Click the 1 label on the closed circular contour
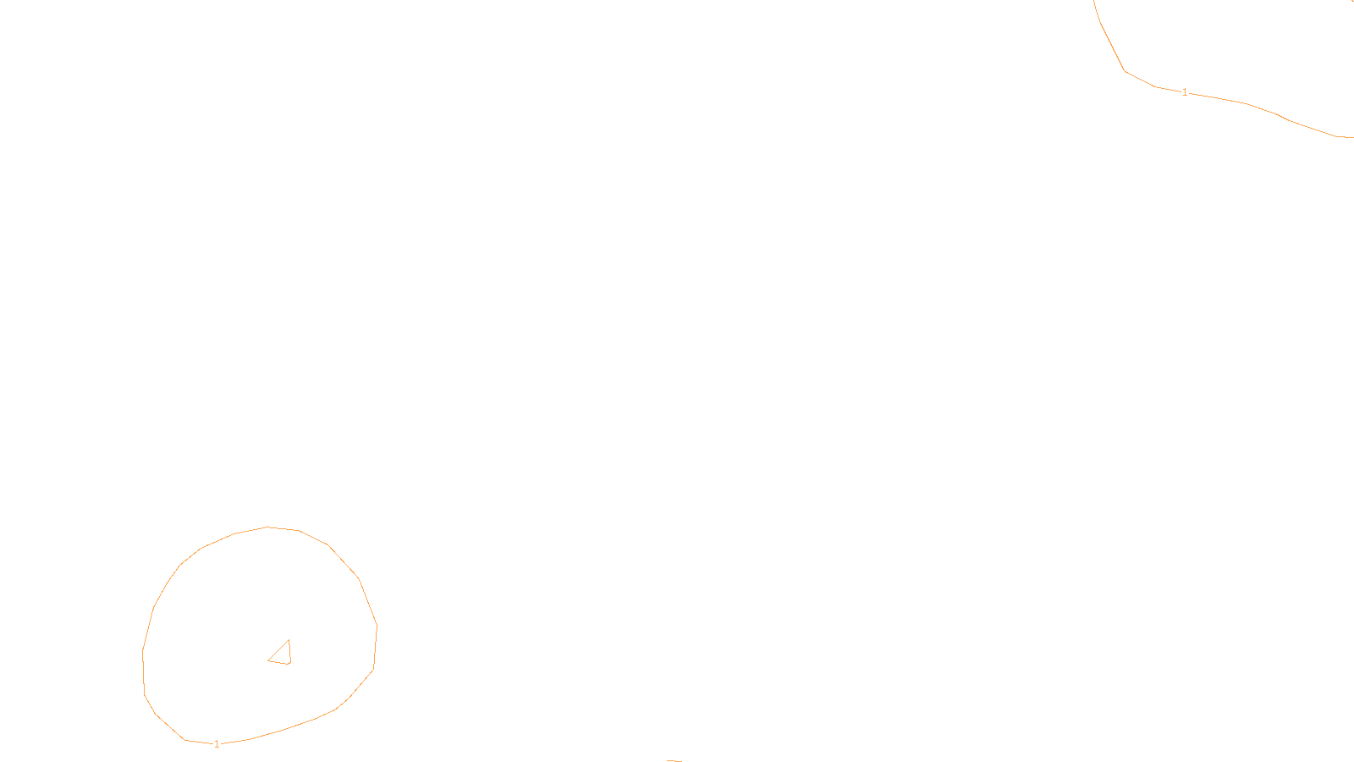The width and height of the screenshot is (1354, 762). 217,744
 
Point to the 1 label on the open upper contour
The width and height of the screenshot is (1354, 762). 1185,92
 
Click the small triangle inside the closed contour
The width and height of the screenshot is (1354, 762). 282,654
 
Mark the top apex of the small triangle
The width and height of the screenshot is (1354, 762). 289,640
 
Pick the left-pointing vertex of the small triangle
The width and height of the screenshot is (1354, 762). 268,660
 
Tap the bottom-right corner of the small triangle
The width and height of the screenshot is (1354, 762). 289,664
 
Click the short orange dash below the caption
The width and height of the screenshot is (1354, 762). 674,760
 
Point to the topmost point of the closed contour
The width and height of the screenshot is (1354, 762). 267,527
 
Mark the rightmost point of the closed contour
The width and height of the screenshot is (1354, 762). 377,627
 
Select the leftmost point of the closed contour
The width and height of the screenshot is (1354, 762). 142,652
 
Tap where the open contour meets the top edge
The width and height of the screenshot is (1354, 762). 1094,1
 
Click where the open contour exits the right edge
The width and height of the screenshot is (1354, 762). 1352,137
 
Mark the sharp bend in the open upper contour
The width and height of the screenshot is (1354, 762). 1126,71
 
